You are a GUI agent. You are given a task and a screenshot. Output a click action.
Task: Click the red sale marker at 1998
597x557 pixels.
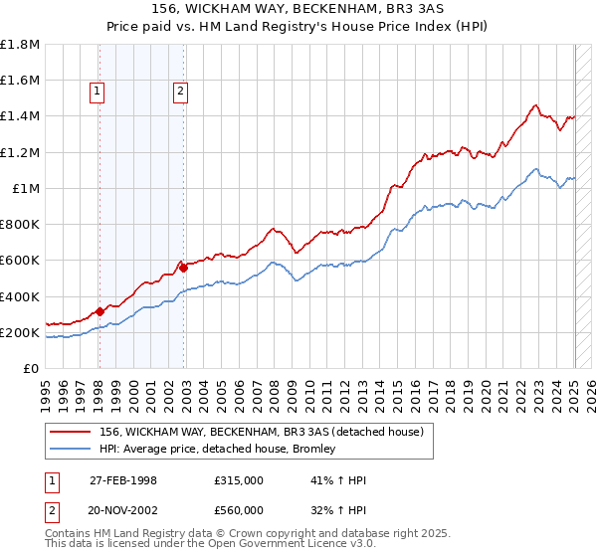[99, 312]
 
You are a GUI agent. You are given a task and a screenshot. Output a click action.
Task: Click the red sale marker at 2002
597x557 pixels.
[184, 268]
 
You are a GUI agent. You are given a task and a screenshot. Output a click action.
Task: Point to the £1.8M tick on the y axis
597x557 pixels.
[21, 45]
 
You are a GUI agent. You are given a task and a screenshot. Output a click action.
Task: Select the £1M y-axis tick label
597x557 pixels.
[26, 188]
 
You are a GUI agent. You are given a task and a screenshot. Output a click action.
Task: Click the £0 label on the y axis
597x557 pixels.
[32, 368]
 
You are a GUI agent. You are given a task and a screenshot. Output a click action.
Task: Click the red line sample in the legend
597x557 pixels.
[69, 432]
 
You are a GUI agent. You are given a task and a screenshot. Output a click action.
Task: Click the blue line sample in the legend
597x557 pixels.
[69, 449]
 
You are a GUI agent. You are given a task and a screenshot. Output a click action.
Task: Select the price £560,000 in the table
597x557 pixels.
[238, 509]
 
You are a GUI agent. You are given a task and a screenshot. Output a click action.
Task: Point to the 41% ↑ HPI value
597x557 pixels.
[325, 480]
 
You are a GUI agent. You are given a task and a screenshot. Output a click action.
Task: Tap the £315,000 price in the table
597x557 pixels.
[238, 480]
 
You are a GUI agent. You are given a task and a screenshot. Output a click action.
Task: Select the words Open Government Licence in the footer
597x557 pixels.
[284, 546]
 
